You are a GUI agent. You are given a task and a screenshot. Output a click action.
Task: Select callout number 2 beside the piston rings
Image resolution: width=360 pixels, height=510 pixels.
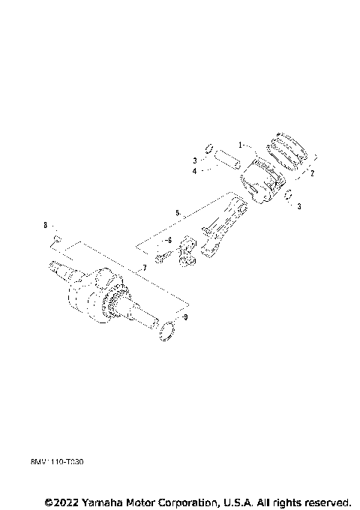point(311,173)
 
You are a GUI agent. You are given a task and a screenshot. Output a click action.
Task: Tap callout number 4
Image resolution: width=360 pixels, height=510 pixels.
point(194,171)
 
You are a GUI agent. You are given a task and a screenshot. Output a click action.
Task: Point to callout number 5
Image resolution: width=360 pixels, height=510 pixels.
point(178,214)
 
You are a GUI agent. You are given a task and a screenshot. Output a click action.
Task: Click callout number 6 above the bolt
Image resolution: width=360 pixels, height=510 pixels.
point(169,239)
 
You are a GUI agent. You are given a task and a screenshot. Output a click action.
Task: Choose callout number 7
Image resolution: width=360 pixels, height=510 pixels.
point(143,268)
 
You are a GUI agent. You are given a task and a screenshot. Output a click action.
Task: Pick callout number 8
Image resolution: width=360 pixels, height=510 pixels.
point(45,224)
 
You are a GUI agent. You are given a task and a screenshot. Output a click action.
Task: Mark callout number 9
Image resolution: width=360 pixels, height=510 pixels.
point(186,318)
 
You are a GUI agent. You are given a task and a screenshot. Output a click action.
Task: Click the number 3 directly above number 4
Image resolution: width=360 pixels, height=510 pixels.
point(194,160)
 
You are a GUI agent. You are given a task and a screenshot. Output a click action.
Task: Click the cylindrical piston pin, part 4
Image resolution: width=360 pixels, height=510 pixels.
point(226,160)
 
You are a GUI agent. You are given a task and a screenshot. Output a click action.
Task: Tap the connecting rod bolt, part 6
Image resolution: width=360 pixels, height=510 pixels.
point(161,259)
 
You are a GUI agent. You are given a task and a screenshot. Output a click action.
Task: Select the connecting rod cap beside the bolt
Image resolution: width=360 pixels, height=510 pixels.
point(187,251)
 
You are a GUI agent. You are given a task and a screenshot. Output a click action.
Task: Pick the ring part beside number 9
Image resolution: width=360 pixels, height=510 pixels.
point(168,330)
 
